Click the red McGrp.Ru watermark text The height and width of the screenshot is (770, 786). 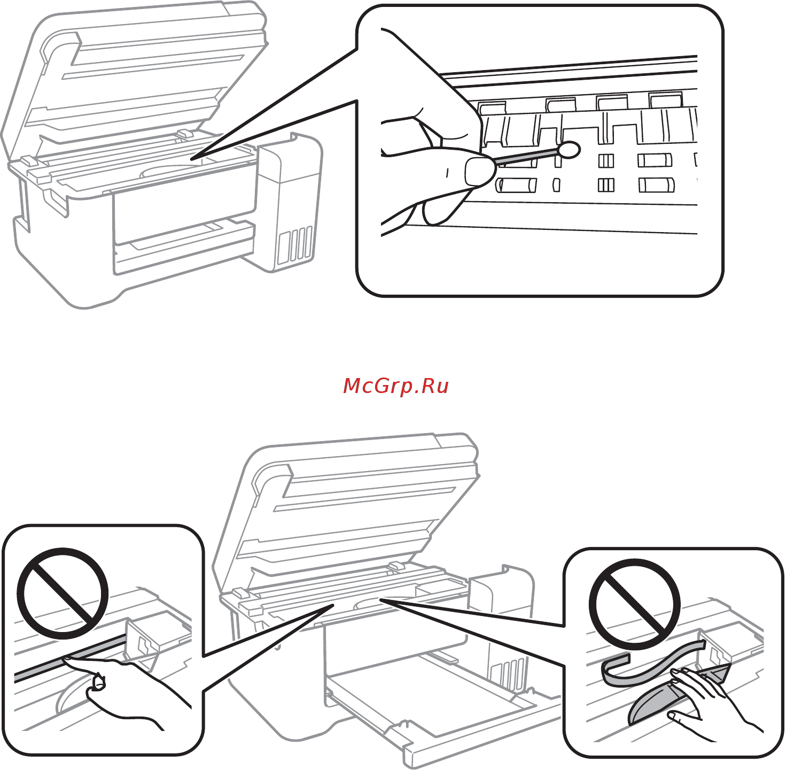coord(395,386)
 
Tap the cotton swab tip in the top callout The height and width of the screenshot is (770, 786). coord(570,150)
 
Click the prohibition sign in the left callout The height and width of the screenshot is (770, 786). coord(63,593)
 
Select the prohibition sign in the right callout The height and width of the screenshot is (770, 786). coord(635,604)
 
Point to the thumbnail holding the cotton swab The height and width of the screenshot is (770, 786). coord(478,172)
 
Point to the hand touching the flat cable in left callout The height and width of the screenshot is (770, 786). coord(128,690)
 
